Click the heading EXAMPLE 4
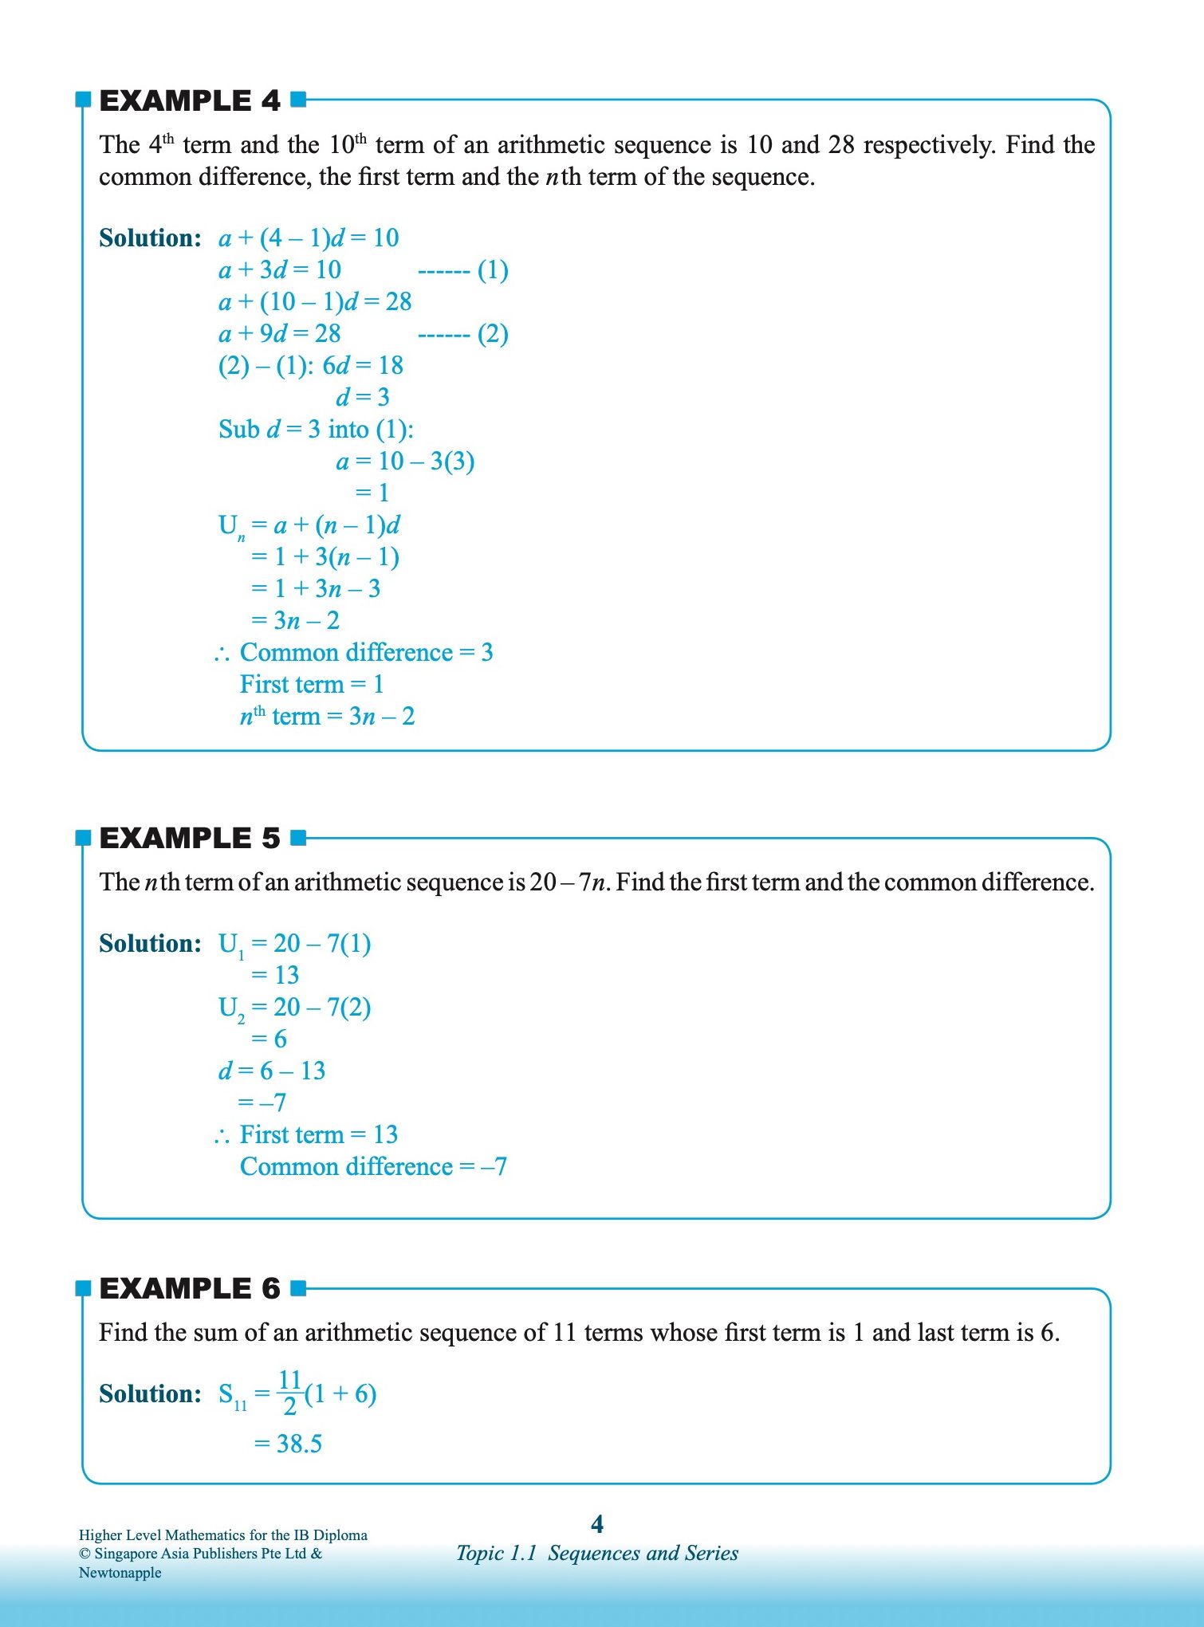(190, 100)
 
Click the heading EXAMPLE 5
(190, 838)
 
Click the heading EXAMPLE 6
(190, 1288)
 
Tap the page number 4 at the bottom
(597, 1523)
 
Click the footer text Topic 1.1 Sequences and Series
(597, 1553)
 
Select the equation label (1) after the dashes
(493, 270)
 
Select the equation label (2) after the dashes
(493, 334)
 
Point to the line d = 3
(363, 397)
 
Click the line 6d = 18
(363, 365)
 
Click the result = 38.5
(289, 1444)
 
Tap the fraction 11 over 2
(289, 1393)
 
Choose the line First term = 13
(318, 1134)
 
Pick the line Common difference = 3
(366, 652)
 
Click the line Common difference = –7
(373, 1166)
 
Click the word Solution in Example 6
(150, 1393)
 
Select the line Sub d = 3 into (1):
(316, 429)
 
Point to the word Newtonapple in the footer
(120, 1573)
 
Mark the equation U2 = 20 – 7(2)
(295, 1008)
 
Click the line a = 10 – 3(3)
(405, 461)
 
